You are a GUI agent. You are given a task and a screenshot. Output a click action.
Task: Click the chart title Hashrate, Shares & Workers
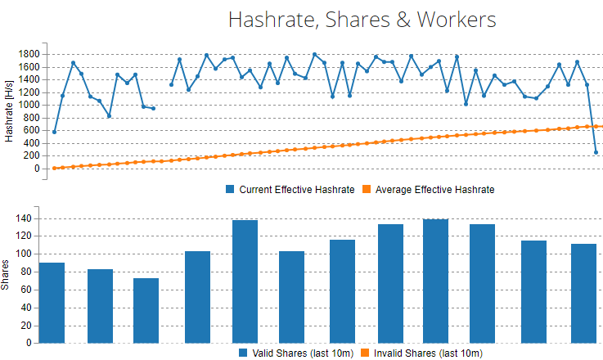[362, 19]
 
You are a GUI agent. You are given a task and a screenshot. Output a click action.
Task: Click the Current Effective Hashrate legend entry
[296, 190]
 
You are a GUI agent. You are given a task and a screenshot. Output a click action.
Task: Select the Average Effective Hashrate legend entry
[430, 190]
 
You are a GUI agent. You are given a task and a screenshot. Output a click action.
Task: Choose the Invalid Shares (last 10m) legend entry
[426, 353]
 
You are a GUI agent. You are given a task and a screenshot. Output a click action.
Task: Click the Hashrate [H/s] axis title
[9, 110]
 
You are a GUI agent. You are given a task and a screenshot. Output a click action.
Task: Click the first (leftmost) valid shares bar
[52, 303]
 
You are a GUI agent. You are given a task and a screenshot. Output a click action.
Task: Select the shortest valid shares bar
[146, 311]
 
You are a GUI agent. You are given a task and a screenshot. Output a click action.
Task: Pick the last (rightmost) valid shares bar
[583, 294]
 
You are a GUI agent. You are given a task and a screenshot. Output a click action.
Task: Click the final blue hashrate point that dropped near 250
[596, 152]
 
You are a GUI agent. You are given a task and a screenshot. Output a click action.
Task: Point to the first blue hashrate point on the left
[55, 132]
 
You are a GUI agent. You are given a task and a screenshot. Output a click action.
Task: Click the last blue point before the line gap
[153, 108]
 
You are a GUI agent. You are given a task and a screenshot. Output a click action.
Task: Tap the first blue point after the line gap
[171, 85]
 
